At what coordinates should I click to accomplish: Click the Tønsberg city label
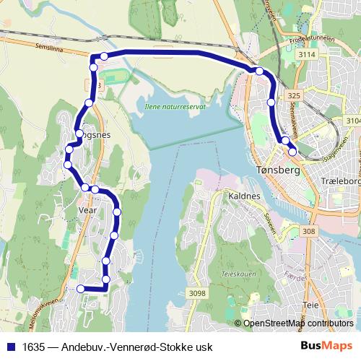click(x=277, y=170)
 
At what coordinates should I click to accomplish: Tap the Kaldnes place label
click(x=245, y=196)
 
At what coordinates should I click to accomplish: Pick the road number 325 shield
click(x=292, y=95)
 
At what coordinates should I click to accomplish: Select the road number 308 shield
click(x=310, y=231)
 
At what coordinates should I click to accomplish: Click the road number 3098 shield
click(x=197, y=293)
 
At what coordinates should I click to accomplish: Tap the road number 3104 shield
click(x=352, y=121)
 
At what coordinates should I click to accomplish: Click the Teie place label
click(x=311, y=305)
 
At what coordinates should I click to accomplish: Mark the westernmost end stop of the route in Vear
click(x=80, y=289)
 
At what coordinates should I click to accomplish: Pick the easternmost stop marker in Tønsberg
click(x=292, y=151)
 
